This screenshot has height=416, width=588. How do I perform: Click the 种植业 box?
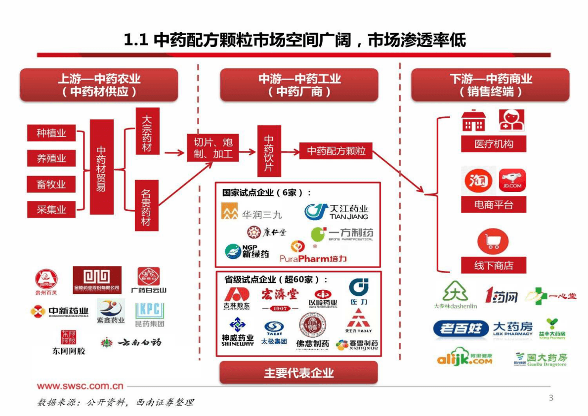tap(51, 133)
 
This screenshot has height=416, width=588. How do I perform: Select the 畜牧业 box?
tap(51, 185)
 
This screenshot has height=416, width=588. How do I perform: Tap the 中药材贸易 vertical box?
tap(101, 167)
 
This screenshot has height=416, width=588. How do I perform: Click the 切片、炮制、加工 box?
tap(213, 147)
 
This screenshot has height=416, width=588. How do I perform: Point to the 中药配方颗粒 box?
tap(336, 151)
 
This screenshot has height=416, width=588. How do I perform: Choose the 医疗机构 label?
tap(493, 144)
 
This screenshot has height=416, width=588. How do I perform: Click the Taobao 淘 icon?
tap(478, 181)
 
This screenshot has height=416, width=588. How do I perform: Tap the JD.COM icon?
tap(512, 181)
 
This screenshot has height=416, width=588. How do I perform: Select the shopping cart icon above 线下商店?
tap(493, 241)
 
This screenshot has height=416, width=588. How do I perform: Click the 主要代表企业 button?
tap(298, 373)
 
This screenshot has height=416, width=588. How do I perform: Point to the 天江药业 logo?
tap(336, 212)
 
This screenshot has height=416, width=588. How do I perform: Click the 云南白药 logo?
tap(131, 342)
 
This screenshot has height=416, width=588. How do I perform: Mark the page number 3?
tap(551, 398)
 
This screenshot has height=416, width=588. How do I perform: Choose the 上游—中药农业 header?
tap(99, 85)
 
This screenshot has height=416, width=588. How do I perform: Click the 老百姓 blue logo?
tap(461, 328)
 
